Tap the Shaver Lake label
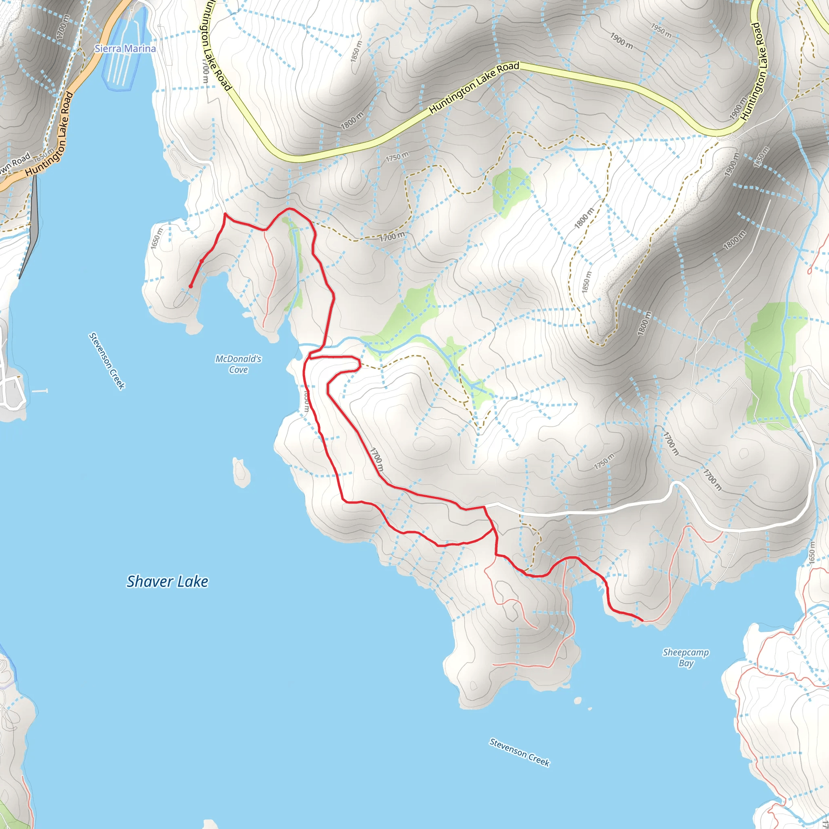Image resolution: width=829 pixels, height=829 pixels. [x=167, y=581]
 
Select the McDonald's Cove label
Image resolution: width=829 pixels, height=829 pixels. [x=238, y=364]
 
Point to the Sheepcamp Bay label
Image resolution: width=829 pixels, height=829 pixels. [x=686, y=657]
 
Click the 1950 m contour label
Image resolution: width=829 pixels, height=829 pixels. [x=661, y=30]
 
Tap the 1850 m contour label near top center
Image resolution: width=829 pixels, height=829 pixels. [x=356, y=51]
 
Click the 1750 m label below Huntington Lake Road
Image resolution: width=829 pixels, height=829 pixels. [x=397, y=157]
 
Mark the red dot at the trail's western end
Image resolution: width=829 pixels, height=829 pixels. [x=191, y=286]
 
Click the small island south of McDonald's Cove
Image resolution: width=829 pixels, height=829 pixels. [x=241, y=472]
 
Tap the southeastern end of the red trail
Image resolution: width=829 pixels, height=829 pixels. [x=642, y=621]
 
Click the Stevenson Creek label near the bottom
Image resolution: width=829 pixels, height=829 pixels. [x=519, y=752]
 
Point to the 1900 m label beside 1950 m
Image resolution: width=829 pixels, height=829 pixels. [x=621, y=41]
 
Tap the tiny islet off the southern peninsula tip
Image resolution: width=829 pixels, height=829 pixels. [x=578, y=701]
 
